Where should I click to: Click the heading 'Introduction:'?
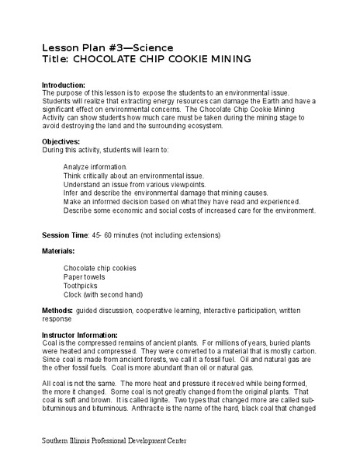point(64,85)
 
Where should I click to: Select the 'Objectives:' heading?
point(61,142)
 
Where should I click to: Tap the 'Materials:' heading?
point(59,252)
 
